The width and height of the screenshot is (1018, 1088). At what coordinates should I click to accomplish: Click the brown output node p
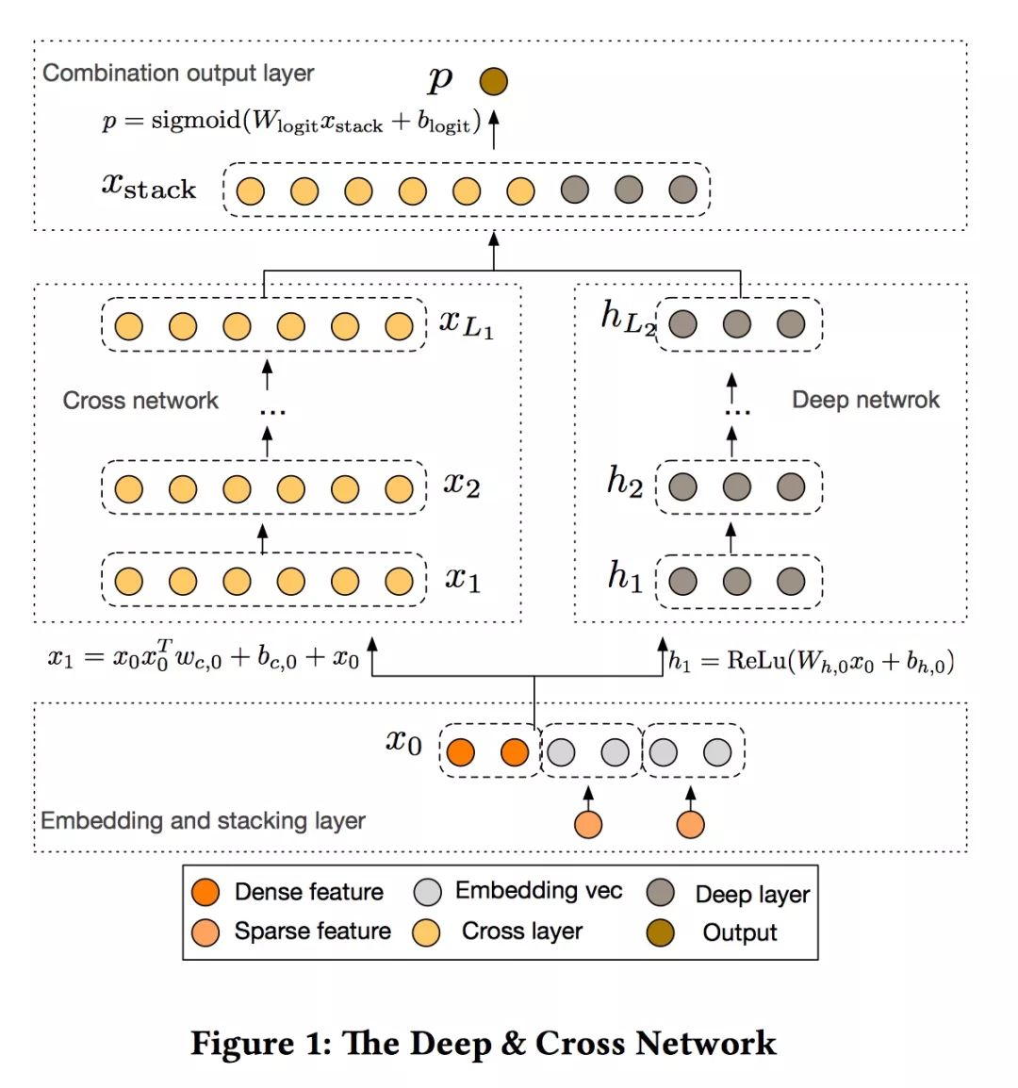coord(493,82)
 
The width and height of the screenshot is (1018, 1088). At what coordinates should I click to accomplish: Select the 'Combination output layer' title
coord(178,74)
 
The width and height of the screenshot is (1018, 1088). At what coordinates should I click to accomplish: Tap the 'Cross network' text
coord(140,401)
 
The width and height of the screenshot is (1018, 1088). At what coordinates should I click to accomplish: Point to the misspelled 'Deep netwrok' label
coord(865,400)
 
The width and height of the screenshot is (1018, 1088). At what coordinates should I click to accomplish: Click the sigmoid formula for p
coord(291,122)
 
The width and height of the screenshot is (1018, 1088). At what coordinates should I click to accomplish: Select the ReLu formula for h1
coord(812,661)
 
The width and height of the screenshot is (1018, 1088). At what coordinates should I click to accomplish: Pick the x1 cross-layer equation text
coord(204,656)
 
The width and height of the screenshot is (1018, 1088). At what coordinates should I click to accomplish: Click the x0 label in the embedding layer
coord(403,741)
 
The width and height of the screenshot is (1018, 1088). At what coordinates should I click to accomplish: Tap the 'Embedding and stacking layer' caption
coord(203,820)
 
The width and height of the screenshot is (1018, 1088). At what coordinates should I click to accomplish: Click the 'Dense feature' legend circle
coord(205,892)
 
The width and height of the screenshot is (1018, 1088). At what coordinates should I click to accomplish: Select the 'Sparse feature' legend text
coord(312,931)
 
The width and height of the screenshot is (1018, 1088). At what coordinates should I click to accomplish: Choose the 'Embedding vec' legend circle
coord(427,892)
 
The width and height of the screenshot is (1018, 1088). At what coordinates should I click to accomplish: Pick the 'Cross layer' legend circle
coord(426,932)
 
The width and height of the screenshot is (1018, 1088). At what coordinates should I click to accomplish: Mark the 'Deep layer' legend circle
coord(661,893)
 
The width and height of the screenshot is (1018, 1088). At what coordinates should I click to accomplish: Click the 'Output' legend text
coord(740,932)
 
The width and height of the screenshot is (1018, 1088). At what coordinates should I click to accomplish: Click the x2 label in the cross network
coord(462,485)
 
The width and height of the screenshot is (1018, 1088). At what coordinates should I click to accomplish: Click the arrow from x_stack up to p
coord(493,129)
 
